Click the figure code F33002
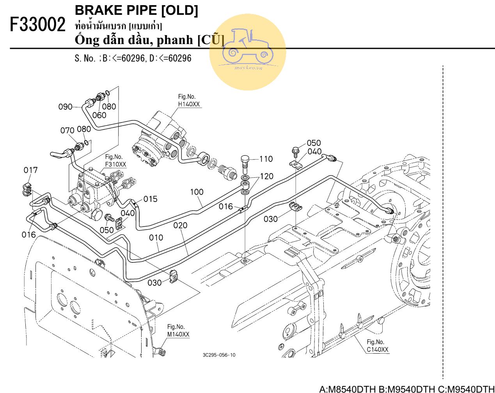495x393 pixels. click(37, 25)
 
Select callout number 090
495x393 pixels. click(65, 107)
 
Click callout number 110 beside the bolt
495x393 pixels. click(266, 159)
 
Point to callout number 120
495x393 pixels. click(266, 176)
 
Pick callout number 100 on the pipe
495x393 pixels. click(197, 192)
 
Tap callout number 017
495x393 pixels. click(30, 170)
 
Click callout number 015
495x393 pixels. click(151, 199)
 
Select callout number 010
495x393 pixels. click(156, 237)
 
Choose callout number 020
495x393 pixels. click(180, 225)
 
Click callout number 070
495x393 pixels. click(67, 130)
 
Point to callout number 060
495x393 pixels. click(99, 115)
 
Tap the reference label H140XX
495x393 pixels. click(189, 104)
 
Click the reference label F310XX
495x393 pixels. click(116, 164)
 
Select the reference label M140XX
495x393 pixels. click(178, 334)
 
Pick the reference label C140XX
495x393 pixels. click(378, 350)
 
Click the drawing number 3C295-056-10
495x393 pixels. click(219, 355)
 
